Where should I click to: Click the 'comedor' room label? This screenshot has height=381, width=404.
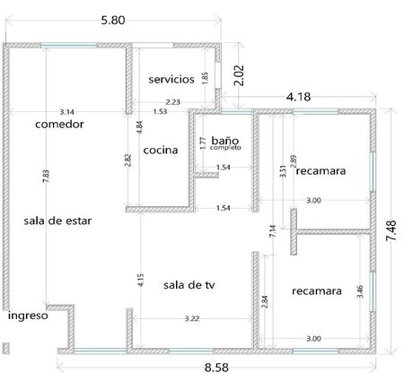pyautogui.click(x=59, y=124)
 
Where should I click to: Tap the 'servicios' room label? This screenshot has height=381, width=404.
pyautogui.click(x=171, y=79)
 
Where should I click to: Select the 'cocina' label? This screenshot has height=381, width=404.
pyautogui.click(x=161, y=150)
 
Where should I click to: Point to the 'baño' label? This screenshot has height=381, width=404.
pyautogui.click(x=225, y=140)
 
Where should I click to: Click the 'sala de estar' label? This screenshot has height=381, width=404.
pyautogui.click(x=57, y=221)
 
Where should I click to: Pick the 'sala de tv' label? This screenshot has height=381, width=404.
pyautogui.click(x=189, y=285)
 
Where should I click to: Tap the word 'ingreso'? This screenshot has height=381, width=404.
pyautogui.click(x=28, y=316)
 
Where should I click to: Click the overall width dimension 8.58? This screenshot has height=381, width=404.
pyautogui.click(x=216, y=368)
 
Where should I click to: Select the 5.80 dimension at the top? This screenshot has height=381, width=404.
pyautogui.click(x=113, y=21)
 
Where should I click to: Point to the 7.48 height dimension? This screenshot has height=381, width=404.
pyautogui.click(x=391, y=230)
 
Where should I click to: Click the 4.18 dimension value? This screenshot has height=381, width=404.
pyautogui.click(x=298, y=97)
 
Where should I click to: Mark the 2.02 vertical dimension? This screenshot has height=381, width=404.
pyautogui.click(x=240, y=75)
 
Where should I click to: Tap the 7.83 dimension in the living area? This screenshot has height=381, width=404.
pyautogui.click(x=46, y=177)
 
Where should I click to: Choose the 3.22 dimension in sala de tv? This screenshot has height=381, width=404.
pyautogui.click(x=192, y=318)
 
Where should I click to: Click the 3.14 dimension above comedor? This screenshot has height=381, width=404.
pyautogui.click(x=66, y=112)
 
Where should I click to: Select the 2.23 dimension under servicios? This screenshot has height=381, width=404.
pyautogui.click(x=173, y=102)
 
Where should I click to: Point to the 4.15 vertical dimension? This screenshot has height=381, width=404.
pyautogui.click(x=141, y=280)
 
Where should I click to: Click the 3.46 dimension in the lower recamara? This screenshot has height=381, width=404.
pyautogui.click(x=360, y=291)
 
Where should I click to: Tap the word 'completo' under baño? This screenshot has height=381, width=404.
pyautogui.click(x=225, y=148)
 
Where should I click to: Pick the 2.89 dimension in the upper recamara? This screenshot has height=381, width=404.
pyautogui.click(x=294, y=161)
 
